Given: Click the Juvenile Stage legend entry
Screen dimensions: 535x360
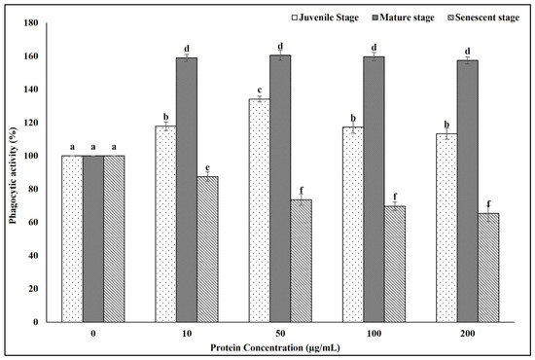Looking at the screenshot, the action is [326, 18].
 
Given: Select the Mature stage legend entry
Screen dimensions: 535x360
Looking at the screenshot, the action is [404, 18].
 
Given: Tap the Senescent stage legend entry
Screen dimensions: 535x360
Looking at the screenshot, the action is [483, 18].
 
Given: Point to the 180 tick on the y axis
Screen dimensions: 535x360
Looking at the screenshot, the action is [31, 22].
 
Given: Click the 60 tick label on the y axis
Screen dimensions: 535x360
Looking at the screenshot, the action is [33, 222].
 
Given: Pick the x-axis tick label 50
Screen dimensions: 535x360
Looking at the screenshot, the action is [280, 334].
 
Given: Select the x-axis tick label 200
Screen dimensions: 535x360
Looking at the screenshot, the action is [468, 334].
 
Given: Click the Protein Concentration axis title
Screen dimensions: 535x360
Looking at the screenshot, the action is [275, 348].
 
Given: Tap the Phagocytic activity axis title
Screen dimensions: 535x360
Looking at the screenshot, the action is [13, 175].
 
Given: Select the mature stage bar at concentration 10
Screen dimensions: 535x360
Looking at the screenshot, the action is [187, 190].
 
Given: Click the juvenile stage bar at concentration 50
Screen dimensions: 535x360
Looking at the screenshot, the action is [260, 210].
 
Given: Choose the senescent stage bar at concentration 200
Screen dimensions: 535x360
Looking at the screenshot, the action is [488, 268].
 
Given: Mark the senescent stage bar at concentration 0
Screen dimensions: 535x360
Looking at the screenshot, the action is [114, 238].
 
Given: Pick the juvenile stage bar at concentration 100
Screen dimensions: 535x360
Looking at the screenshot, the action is [353, 225].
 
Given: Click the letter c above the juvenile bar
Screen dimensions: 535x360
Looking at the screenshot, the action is [260, 90].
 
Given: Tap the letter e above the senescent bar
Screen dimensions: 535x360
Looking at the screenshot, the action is [207, 167].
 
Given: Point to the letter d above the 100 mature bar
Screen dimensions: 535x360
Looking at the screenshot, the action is [374, 47].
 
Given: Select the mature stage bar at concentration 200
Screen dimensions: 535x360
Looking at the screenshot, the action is [468, 192].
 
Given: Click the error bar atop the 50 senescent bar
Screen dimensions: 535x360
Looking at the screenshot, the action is [301, 200].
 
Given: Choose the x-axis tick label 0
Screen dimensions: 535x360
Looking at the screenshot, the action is [93, 334].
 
